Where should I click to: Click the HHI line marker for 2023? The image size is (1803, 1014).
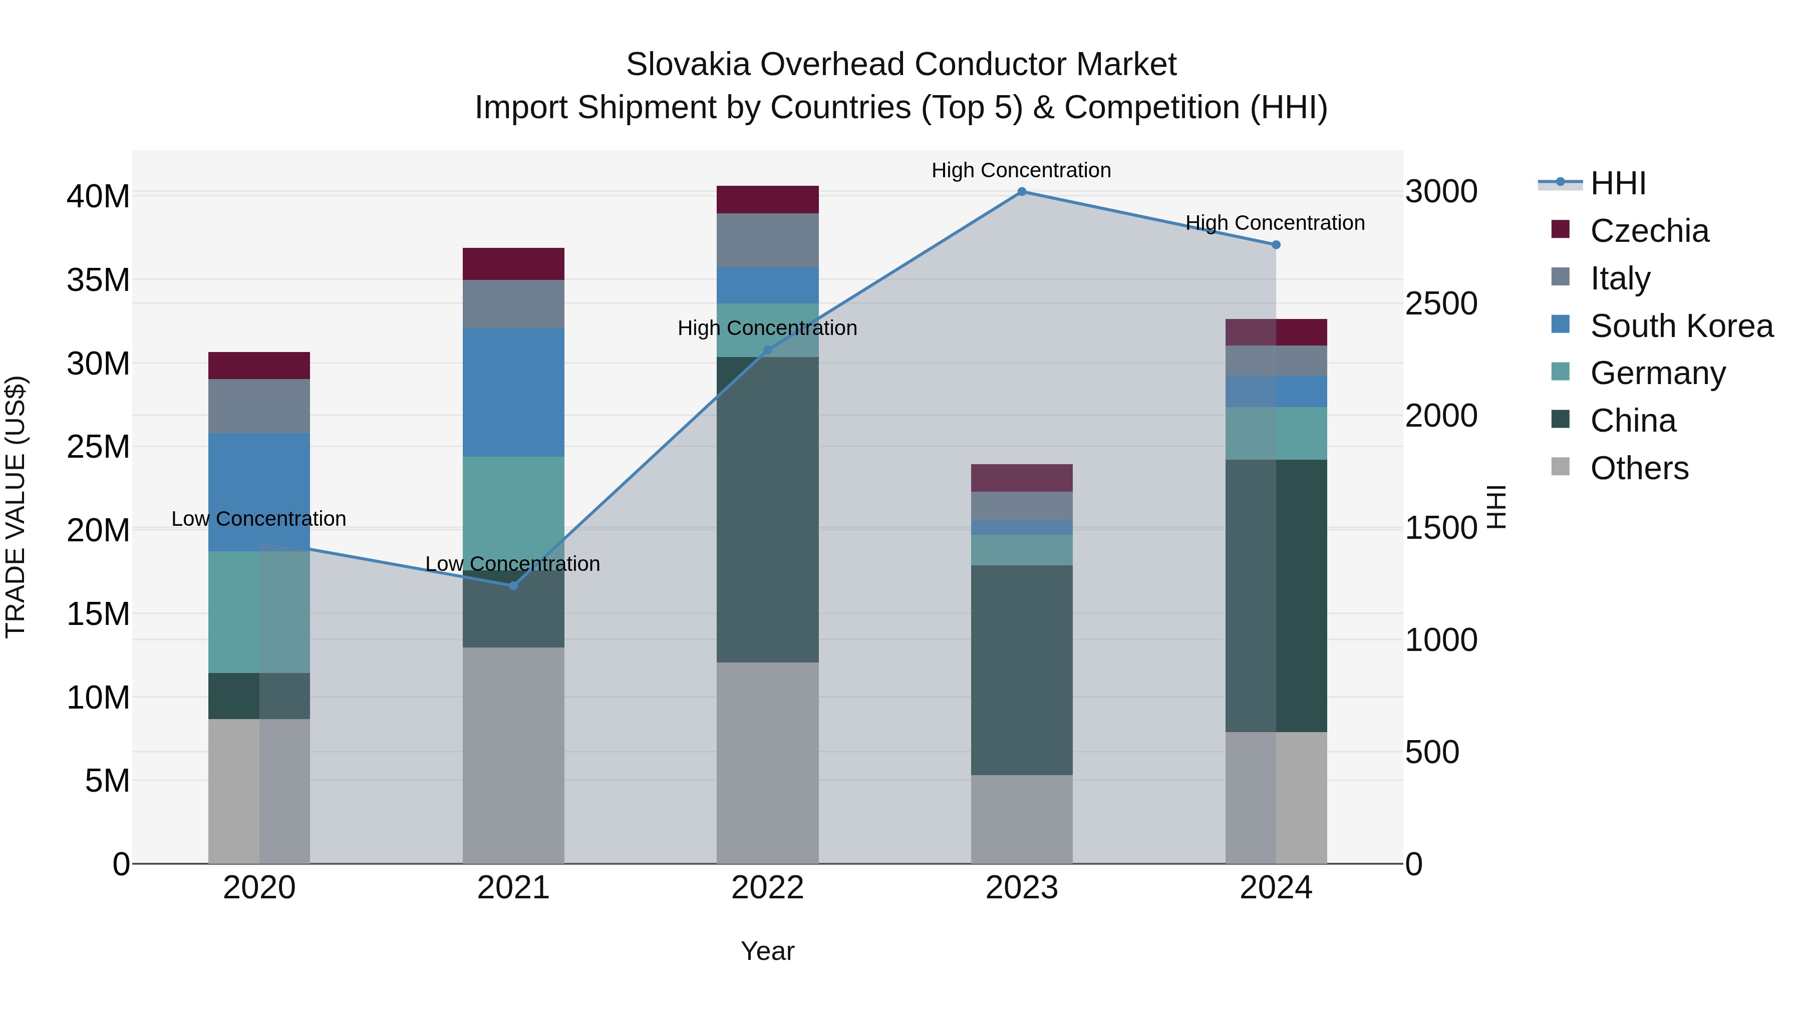coord(1021,192)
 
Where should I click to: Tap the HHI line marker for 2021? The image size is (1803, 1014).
coord(513,586)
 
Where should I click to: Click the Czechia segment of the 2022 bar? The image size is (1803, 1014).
coord(767,199)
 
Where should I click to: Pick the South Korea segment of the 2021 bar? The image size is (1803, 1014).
coord(513,392)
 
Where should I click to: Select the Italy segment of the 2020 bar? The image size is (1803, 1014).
coord(259,406)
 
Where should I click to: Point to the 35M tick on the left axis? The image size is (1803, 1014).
coord(98,280)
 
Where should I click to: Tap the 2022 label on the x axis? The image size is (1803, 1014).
coord(767,888)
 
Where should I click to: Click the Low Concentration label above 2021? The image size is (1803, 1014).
coord(512,563)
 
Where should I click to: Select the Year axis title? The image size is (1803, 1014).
coord(767,951)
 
